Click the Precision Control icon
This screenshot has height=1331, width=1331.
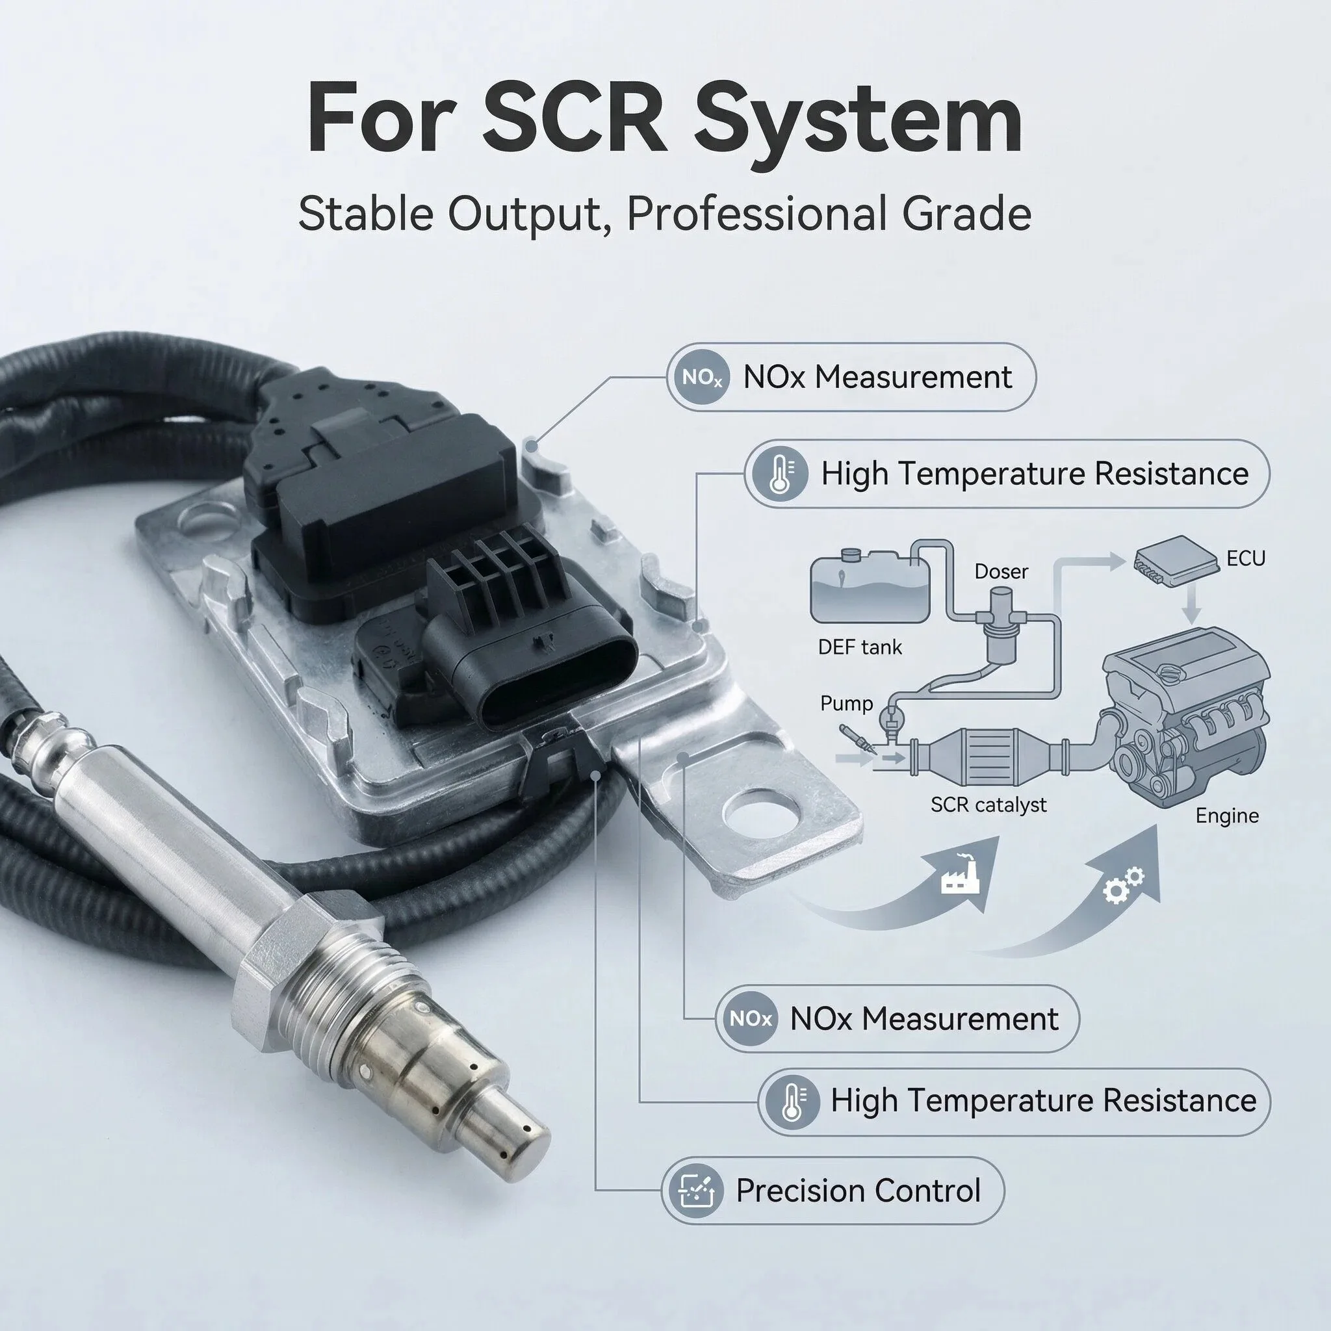click(692, 1190)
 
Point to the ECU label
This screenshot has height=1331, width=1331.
click(1246, 558)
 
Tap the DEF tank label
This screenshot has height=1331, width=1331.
click(860, 647)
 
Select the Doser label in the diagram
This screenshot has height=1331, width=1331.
click(1001, 571)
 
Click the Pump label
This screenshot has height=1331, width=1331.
click(846, 703)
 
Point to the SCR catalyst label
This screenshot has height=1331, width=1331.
click(989, 805)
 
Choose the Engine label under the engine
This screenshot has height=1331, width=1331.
click(1227, 816)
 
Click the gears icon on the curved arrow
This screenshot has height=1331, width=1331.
click(1124, 885)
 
